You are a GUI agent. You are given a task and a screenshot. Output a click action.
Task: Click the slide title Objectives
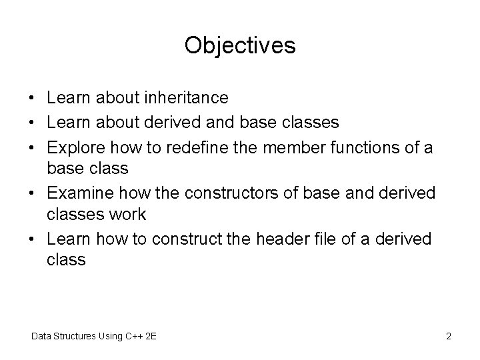[240, 45]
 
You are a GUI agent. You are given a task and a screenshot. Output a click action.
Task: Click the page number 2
[449, 336]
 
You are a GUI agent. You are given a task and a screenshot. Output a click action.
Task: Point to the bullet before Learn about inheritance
[33, 99]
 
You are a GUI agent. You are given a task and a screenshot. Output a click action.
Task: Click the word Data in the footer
[41, 336]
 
